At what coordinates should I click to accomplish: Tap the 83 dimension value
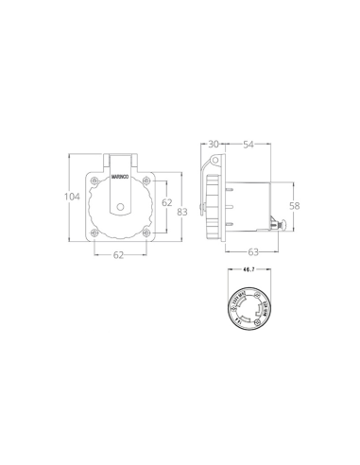183,212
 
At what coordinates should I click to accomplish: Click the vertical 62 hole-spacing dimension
164,202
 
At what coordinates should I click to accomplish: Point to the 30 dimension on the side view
214,144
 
